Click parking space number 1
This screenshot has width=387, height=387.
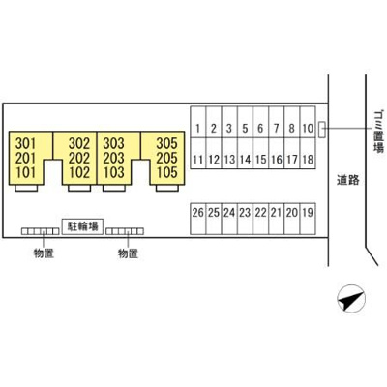coord(198,122)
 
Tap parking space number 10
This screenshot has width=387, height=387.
coord(308,122)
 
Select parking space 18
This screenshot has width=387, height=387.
coord(308,153)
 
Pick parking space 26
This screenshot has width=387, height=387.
coord(198,219)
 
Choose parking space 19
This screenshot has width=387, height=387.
coord(308,219)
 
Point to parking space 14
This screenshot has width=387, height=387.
coord(245,153)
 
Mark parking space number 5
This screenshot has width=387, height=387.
coord(245,122)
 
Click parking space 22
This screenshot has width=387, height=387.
coord(260,219)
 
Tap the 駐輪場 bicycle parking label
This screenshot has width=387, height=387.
coord(82,226)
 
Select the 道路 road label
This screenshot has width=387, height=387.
coord(348,180)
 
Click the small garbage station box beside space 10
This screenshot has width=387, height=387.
coord(322,130)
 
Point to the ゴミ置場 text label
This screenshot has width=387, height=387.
coord(378,132)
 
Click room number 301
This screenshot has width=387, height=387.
coord(26,143)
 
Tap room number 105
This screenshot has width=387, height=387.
coord(166,172)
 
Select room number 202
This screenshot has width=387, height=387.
coord(79,158)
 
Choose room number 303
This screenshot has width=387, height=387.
coord(113,143)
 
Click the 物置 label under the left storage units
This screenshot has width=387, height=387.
coord(44,253)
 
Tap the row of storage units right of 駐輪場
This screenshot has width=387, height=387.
coord(125,231)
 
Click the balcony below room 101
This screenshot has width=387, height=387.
coord(26,188)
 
